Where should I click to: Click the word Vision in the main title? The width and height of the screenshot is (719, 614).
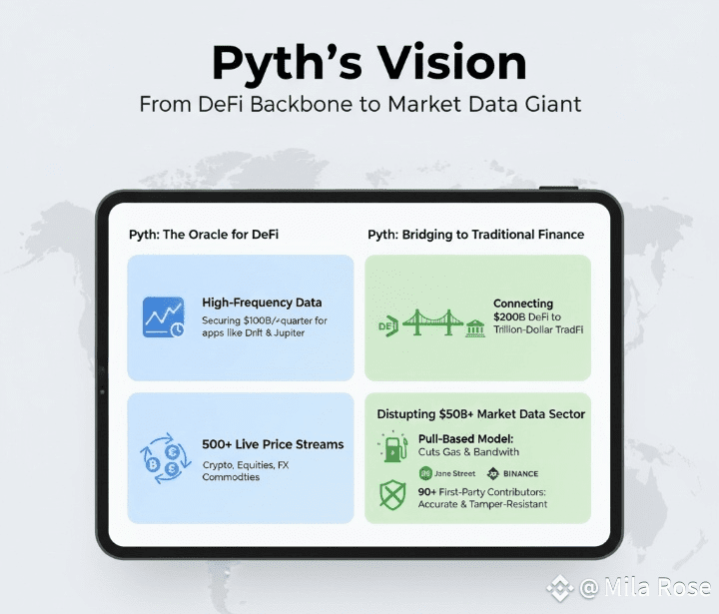455,63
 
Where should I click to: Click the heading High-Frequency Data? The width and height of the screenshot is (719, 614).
262,303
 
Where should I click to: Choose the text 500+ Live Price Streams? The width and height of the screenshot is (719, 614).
272,444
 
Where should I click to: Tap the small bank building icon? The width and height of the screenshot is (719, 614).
475,327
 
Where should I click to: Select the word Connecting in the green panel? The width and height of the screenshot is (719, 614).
523,304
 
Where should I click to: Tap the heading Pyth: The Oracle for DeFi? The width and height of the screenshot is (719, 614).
204,235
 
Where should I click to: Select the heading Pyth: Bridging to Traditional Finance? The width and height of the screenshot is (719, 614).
475,235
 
